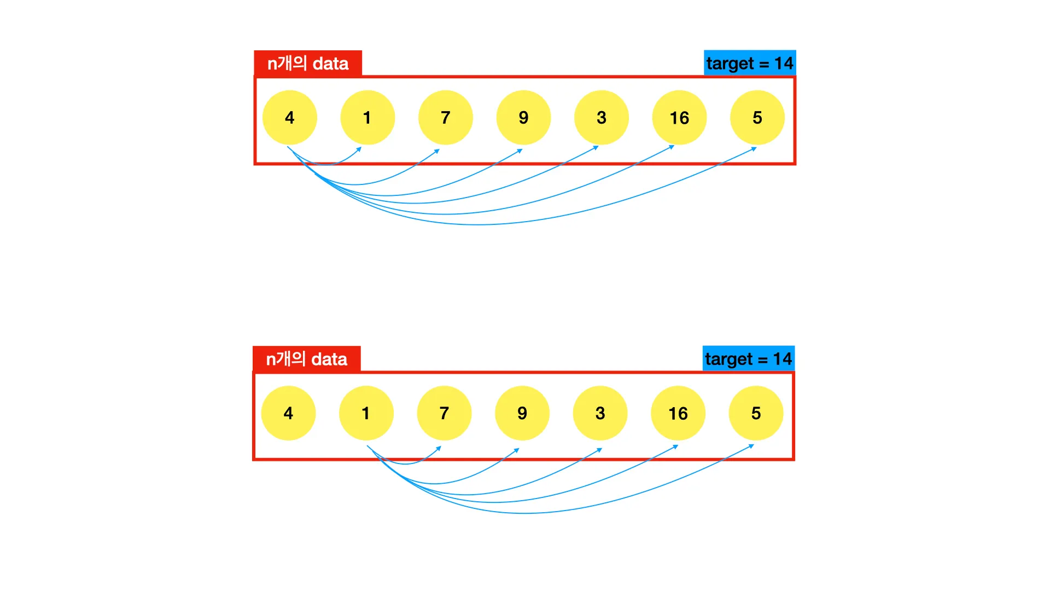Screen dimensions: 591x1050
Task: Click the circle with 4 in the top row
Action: (x=289, y=118)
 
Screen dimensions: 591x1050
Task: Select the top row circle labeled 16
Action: (x=679, y=118)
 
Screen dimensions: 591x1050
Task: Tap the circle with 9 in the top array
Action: (x=523, y=118)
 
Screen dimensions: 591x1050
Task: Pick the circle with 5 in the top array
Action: (x=757, y=118)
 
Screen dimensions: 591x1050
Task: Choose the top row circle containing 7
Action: (x=445, y=118)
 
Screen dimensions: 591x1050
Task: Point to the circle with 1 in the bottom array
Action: (x=366, y=413)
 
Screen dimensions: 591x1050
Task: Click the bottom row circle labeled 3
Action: (x=600, y=413)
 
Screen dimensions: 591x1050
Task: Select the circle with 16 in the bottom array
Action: (x=678, y=413)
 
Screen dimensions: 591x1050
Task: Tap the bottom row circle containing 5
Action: (x=756, y=413)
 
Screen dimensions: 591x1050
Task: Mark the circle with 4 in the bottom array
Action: (x=288, y=413)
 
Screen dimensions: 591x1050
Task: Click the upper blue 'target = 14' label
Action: (x=749, y=63)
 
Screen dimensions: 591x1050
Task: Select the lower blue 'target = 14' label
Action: (x=748, y=358)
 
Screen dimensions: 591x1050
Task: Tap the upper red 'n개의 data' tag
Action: (x=308, y=63)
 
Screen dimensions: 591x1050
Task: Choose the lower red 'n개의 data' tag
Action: (x=306, y=358)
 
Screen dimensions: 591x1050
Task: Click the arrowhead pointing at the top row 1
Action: (x=359, y=149)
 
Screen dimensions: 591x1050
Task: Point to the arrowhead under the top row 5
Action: (x=754, y=148)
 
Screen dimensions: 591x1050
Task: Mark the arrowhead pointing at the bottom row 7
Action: (x=439, y=448)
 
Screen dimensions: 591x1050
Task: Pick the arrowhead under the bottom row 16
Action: (x=676, y=447)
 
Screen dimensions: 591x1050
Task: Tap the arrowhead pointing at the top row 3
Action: (x=596, y=147)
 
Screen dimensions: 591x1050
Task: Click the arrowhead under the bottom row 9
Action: (x=517, y=450)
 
